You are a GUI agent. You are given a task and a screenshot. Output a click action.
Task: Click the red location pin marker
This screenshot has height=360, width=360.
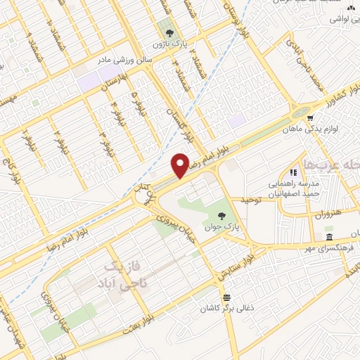[x=181, y=165]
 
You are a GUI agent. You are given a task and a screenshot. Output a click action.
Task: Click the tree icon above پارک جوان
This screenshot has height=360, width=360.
[x=222, y=216]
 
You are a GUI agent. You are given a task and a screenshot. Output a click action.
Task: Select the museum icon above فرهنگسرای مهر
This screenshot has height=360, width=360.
[x=328, y=236]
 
